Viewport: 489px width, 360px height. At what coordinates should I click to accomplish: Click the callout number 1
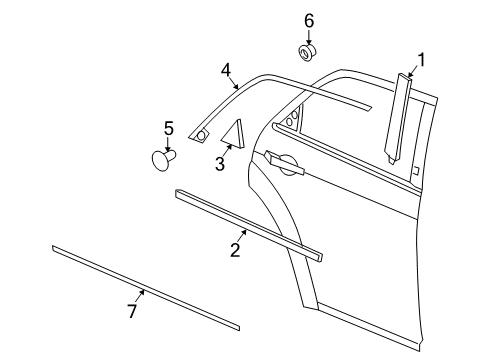(x=421, y=60)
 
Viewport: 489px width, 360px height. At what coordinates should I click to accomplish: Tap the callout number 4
(x=227, y=70)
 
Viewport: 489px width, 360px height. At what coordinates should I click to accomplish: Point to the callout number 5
(x=168, y=128)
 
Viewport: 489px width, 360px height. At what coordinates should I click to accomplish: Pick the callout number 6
(x=309, y=21)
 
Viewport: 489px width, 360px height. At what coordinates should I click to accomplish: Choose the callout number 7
(x=131, y=313)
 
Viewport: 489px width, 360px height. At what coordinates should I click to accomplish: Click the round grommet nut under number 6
(x=308, y=51)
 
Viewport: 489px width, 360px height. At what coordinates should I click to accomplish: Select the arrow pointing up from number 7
(x=141, y=295)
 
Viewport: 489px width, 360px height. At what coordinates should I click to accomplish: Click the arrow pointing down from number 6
(x=309, y=35)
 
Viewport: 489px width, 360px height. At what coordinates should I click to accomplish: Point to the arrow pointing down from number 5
(x=168, y=143)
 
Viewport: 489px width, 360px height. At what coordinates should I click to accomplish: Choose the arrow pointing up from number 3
(x=228, y=149)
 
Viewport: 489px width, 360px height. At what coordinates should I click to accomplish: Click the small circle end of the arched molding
(x=201, y=134)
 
